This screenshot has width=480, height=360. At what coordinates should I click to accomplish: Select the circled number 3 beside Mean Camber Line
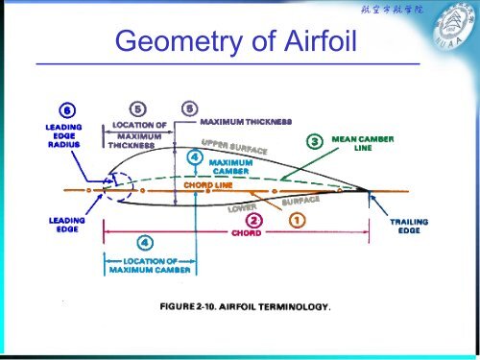(x=315, y=141)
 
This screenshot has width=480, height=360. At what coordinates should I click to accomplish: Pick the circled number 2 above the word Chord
(x=244, y=220)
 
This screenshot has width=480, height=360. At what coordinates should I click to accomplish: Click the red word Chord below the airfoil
(x=245, y=232)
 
